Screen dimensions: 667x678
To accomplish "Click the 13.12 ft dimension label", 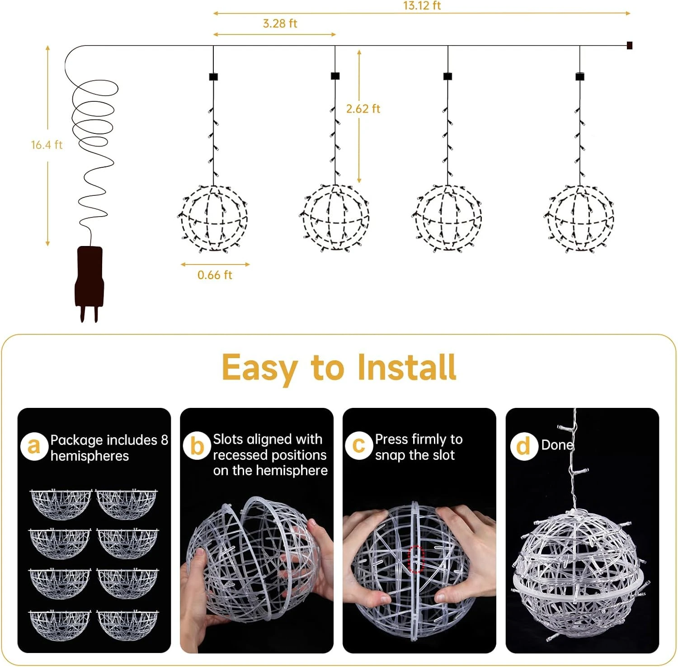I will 422,5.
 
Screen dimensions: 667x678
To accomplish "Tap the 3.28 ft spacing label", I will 280,24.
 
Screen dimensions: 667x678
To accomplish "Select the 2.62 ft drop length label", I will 363,109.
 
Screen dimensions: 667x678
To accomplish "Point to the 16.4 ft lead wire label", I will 47,145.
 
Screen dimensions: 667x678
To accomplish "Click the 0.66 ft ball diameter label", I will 215,275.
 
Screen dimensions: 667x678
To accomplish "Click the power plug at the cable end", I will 89,283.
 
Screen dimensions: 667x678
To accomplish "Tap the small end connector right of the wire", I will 629,45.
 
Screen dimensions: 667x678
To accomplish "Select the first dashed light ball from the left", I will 213,218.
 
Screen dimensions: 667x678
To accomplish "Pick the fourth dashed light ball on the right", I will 579,218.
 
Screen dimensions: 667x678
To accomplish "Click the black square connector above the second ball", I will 335,76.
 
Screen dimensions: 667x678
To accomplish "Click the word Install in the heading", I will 407,367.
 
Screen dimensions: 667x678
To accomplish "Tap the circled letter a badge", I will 34,446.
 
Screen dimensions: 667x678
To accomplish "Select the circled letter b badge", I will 197,446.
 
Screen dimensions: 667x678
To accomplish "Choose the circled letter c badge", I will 358,445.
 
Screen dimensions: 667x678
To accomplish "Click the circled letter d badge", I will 523,446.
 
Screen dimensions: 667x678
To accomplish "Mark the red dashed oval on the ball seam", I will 416,559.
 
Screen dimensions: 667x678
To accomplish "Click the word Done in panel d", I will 557,445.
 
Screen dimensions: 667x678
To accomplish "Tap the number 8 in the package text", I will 164,440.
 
